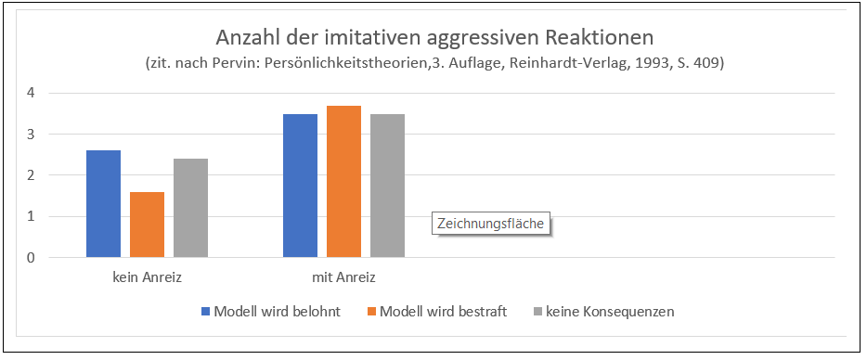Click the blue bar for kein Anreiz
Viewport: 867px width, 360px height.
tap(103, 204)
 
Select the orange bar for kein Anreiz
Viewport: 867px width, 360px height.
tap(147, 225)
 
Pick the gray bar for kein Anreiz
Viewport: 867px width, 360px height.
tap(190, 208)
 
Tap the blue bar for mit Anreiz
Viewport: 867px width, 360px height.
tap(300, 186)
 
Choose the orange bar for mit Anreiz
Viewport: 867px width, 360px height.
tap(343, 182)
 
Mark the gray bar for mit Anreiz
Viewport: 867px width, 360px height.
tap(387, 186)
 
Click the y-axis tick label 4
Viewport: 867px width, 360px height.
tap(31, 93)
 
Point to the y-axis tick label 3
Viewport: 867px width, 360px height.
tap(31, 135)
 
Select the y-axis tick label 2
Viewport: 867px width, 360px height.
tap(31, 175)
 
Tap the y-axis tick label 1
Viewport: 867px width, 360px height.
tap(31, 217)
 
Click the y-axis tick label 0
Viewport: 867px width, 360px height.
tap(31, 258)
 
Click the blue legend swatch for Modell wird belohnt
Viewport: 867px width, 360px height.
tap(206, 312)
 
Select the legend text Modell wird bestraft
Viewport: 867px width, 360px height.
tap(444, 312)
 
